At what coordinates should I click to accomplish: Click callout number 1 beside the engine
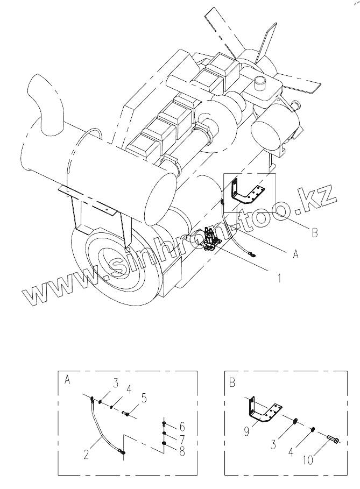click(x=279, y=278)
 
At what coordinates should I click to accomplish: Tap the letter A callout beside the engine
click(x=295, y=254)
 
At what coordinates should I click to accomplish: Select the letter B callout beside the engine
click(x=315, y=232)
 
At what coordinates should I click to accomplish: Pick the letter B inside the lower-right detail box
click(x=232, y=382)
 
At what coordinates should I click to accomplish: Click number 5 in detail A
click(x=144, y=399)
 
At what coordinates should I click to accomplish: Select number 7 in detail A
click(x=182, y=440)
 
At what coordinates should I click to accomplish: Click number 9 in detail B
click(x=246, y=432)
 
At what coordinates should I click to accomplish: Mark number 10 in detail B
click(x=308, y=460)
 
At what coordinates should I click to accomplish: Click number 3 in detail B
click(x=273, y=445)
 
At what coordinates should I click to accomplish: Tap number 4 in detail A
click(x=129, y=389)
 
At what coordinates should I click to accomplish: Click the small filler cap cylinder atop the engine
click(x=261, y=82)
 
